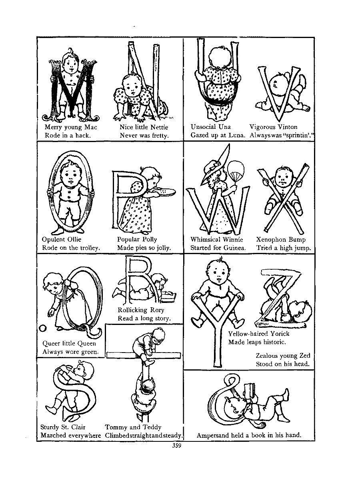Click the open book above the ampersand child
250,390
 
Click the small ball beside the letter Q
43,328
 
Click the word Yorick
280,334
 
